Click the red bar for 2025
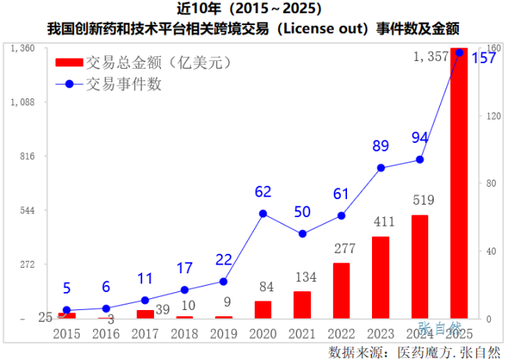coord(459,184)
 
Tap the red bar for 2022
coord(341,290)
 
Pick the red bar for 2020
coord(263,310)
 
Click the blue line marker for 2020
coord(263,213)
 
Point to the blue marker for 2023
coord(381,168)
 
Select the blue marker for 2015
coord(66,310)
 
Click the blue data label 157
coord(483,59)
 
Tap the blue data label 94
coord(420,138)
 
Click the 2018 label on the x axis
coord(184,333)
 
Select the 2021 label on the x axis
coord(302,333)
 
